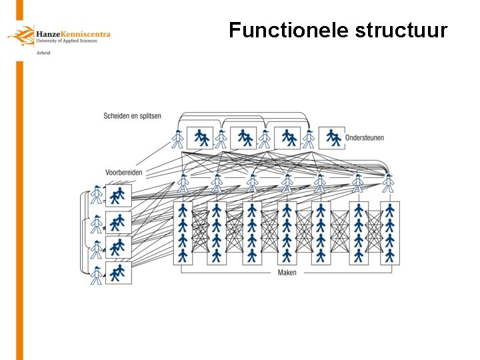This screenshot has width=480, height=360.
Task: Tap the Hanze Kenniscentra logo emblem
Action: pyautogui.click(x=21, y=35)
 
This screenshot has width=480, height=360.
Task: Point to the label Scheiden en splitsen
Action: pyautogui.click(x=132, y=116)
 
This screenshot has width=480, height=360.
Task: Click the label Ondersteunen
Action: pyautogui.click(x=365, y=138)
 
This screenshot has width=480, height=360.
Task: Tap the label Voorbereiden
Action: pyautogui.click(x=123, y=172)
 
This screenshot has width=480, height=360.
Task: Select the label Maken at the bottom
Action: pyautogui.click(x=287, y=273)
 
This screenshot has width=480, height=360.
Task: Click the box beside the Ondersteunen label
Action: pyautogui.click(x=331, y=138)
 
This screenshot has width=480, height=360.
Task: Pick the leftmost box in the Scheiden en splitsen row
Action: pyautogui.click(x=199, y=138)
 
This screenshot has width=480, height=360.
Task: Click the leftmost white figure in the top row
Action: pyautogui.click(x=177, y=139)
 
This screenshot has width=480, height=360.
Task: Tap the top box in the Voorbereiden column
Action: pyautogui.click(x=118, y=195)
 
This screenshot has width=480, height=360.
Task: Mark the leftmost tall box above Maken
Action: pyautogui.click(x=183, y=233)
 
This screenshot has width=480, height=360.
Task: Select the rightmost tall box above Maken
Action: pyautogui.click(x=389, y=233)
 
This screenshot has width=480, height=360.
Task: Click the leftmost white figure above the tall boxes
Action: pyautogui.click(x=183, y=183)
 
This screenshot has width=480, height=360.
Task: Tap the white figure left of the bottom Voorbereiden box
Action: pyautogui.click(x=97, y=275)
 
